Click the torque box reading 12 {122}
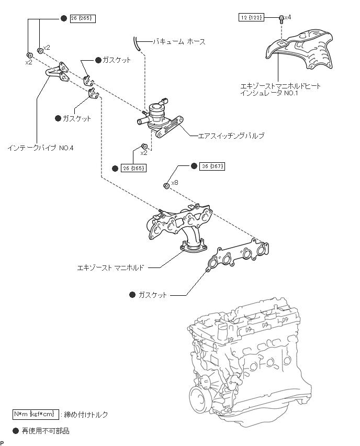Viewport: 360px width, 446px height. (251, 18)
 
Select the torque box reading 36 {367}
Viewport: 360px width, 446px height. (212, 166)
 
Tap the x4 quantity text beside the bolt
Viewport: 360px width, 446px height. (287, 17)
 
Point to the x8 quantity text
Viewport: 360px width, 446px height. (175, 183)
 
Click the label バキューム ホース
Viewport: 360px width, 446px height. (179, 42)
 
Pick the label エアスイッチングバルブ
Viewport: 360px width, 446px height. (231, 136)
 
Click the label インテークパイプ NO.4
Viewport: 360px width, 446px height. (40, 148)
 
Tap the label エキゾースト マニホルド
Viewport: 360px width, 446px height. (111, 267)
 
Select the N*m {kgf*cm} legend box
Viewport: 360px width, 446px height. (36, 414)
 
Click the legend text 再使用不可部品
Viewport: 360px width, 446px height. (46, 431)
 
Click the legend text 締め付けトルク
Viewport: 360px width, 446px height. (86, 415)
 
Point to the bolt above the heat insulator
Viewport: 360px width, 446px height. (281, 19)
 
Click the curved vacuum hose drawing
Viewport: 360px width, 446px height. (137, 43)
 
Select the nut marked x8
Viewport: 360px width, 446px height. (166, 186)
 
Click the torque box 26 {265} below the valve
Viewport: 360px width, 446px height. (133, 169)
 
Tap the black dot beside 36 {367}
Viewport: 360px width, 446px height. (194, 166)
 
